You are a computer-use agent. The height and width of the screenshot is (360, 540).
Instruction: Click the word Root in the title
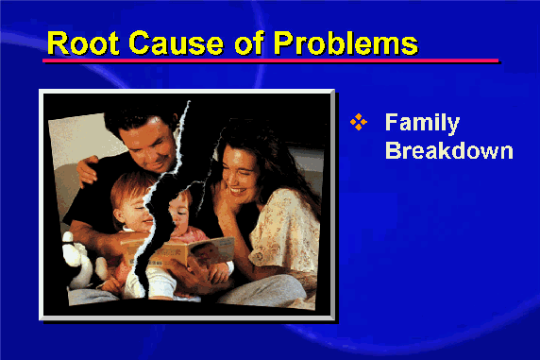83,43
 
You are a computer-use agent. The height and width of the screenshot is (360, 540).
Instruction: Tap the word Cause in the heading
176,43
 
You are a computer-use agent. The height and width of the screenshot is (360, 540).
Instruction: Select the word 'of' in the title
249,43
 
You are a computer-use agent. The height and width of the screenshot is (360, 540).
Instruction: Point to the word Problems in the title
346,43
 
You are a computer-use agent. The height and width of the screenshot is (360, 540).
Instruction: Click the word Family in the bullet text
422,123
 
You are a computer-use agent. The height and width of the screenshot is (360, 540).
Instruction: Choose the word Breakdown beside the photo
449,150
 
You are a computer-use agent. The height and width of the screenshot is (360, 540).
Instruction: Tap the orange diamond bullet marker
359,122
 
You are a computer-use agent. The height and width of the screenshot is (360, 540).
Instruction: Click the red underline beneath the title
271,60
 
